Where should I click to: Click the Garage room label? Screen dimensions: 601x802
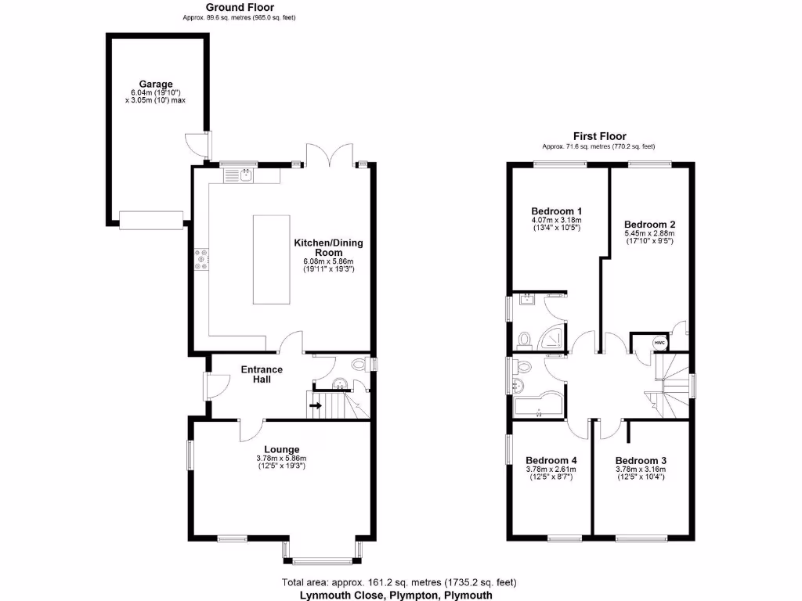coord(156,84)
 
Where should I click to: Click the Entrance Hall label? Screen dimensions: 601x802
coord(262,374)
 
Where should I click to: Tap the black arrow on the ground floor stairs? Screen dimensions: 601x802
coord(316,406)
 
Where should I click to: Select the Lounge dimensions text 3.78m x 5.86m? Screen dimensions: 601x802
coord(280,459)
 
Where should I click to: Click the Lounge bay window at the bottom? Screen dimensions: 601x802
coord(321,560)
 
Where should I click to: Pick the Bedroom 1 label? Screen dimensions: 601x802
coord(556,211)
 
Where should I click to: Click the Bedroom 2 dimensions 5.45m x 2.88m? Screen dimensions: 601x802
coord(649,233)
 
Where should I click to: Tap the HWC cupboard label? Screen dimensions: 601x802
coord(659,343)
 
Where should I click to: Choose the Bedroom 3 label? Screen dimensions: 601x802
coord(641,460)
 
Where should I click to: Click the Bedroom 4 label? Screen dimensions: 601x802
coord(551,460)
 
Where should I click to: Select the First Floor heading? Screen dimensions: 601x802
coord(599,136)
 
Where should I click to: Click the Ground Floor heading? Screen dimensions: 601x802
coord(233,7)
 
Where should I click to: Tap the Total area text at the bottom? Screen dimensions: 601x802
coord(398,582)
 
